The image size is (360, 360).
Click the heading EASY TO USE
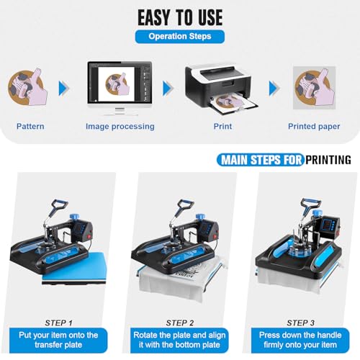click(x=179, y=17)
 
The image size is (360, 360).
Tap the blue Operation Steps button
click(x=179, y=36)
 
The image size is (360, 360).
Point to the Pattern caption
click(x=30, y=127)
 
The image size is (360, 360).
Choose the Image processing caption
click(x=120, y=127)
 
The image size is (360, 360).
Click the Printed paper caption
click(x=314, y=127)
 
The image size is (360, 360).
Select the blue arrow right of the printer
click(x=274, y=89)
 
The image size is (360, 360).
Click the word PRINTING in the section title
click(x=328, y=160)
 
